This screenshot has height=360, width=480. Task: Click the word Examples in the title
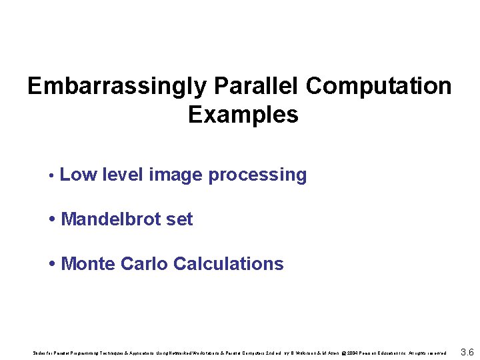pyautogui.click(x=243, y=115)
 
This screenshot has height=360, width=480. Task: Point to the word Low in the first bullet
pyautogui.click(x=77, y=175)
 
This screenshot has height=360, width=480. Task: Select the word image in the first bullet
pyautogui.click(x=175, y=175)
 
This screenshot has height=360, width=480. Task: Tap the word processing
pyautogui.click(x=257, y=175)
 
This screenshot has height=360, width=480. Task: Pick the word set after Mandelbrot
pyautogui.click(x=179, y=219)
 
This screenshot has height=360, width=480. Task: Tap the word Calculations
pyautogui.click(x=228, y=264)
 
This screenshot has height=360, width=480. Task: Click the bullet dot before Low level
pyautogui.click(x=51, y=176)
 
